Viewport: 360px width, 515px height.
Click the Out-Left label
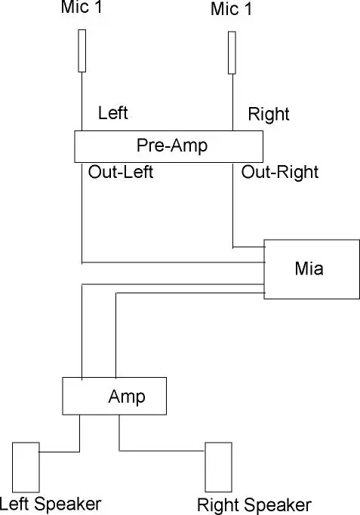tap(121, 172)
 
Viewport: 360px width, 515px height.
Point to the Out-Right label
tap(280, 173)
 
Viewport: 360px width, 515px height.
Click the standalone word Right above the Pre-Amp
tap(269, 115)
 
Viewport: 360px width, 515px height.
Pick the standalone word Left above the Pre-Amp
tap(113, 113)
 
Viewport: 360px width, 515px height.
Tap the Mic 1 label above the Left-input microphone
tap(82, 8)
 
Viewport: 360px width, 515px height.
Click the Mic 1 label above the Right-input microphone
tap(232, 9)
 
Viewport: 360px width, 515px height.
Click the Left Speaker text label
tap(51, 504)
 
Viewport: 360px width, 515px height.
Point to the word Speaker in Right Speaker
tap(278, 506)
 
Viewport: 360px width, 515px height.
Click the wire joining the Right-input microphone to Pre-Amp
tap(232, 103)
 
